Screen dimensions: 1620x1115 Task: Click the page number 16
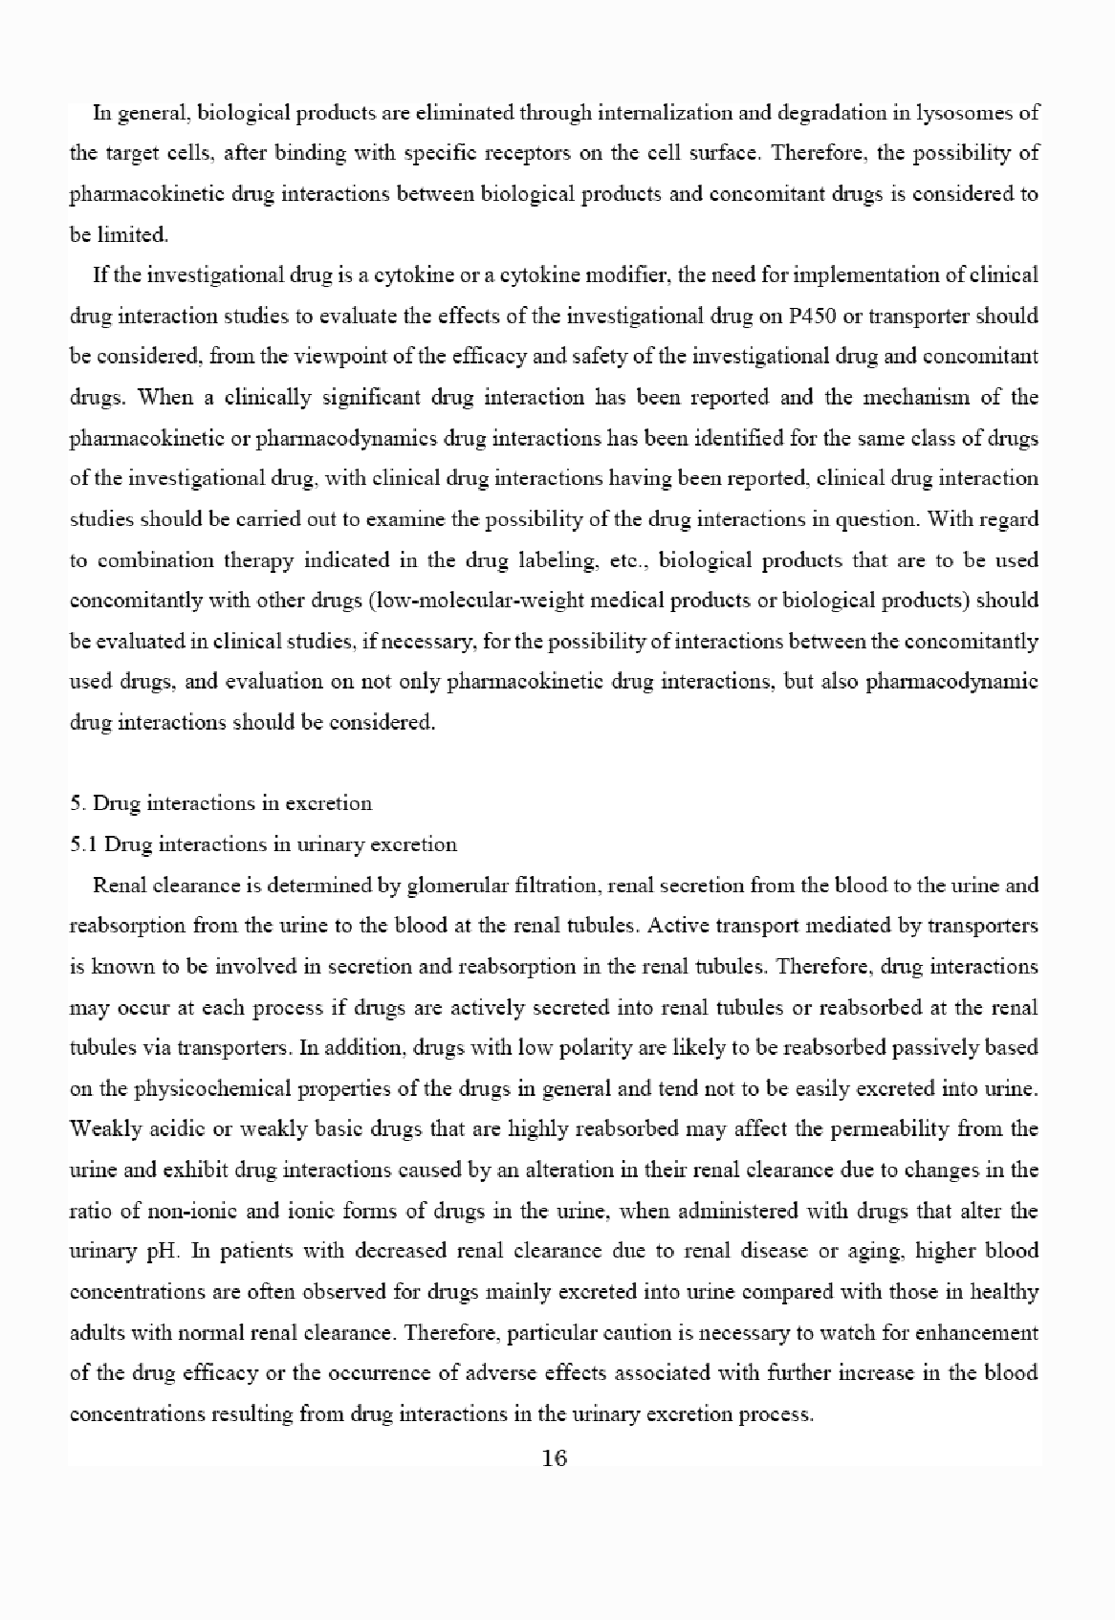click(x=555, y=1457)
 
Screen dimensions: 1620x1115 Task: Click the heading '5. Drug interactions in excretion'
click(x=221, y=802)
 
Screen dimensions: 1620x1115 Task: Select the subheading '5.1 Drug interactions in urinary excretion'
click(x=264, y=843)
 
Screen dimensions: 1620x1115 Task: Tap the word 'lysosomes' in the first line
click(x=959, y=113)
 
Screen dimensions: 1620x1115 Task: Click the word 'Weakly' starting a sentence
click(x=102, y=1128)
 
